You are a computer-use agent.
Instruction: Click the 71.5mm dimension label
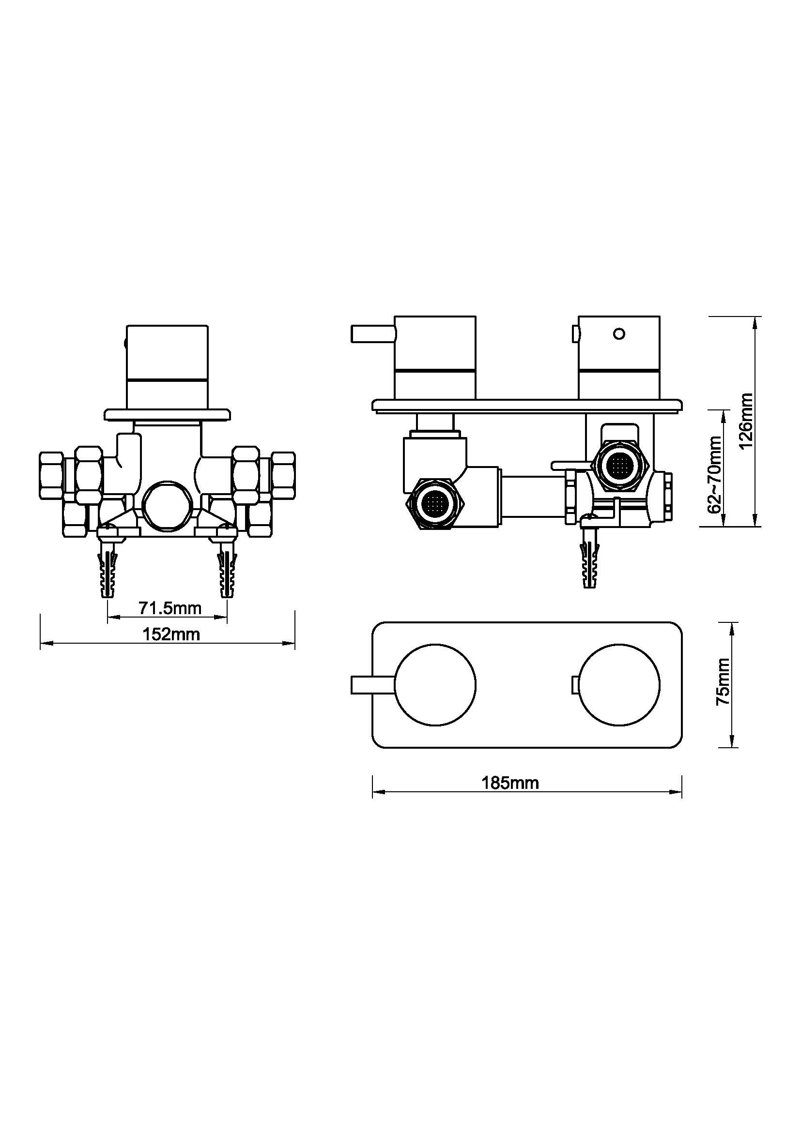169,608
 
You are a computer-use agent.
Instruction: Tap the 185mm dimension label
510,783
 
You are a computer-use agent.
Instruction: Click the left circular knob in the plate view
436,685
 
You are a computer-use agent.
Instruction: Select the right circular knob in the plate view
619,685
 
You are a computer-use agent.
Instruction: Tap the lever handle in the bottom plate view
372,685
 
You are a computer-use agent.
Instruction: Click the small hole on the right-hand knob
619,334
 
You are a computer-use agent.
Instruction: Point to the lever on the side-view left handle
373,334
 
